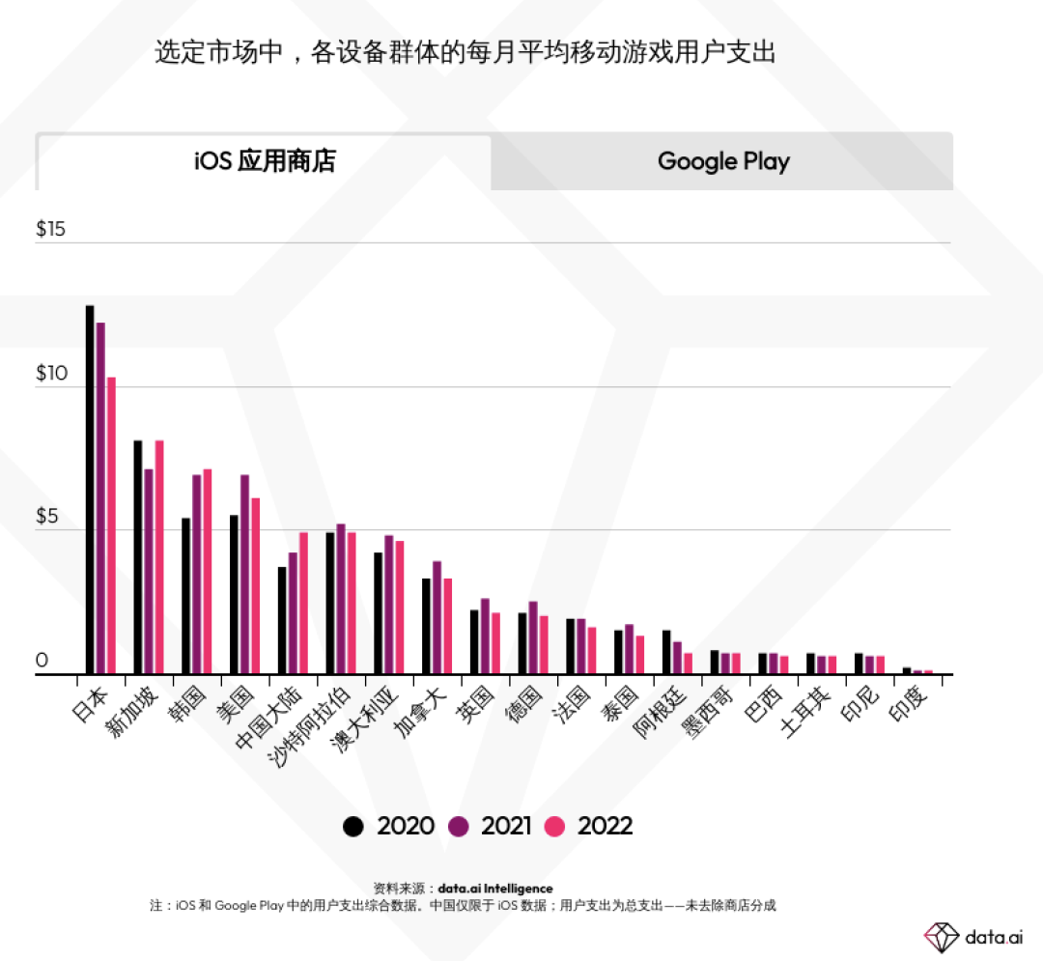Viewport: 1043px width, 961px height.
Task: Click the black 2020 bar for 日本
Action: click(x=90, y=490)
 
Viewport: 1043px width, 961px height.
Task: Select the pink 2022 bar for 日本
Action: click(x=111, y=525)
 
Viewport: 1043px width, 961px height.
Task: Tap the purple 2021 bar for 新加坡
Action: click(x=149, y=572)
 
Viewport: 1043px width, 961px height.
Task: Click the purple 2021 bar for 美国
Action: click(x=244, y=575)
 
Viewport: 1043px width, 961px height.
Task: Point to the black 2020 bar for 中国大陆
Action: click(x=282, y=620)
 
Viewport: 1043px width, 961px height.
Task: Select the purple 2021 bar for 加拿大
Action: click(x=437, y=617)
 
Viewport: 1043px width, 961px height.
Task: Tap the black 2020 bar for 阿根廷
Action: click(x=666, y=652)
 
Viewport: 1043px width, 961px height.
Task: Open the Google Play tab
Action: click(x=723, y=161)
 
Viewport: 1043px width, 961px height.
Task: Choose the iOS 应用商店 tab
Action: click(x=265, y=161)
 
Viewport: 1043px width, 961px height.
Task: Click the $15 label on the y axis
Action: click(x=50, y=230)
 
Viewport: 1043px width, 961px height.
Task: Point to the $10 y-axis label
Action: click(x=50, y=374)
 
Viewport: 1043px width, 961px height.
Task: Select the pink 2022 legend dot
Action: click(x=554, y=827)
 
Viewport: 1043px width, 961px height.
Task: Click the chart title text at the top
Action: click(x=465, y=52)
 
